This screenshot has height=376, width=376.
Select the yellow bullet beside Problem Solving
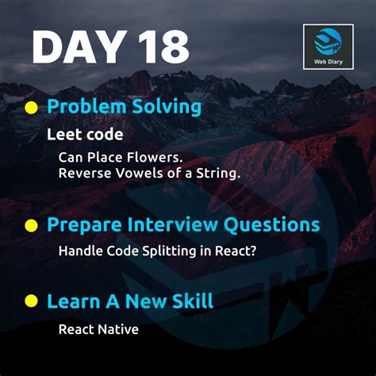[32, 107]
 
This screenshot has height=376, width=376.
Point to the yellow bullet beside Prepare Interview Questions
[32, 225]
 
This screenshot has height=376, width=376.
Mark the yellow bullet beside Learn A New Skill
[32, 301]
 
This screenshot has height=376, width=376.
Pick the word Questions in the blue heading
[274, 224]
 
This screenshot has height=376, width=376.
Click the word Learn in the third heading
[71, 301]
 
